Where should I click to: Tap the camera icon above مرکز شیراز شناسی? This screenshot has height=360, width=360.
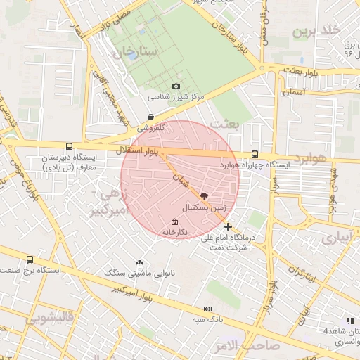tap(176, 86)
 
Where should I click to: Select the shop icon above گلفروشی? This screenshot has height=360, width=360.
tap(150, 117)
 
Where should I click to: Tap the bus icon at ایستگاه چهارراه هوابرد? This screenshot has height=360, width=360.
tap(255, 155)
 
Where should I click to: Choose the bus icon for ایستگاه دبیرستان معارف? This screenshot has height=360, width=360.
tap(68, 147)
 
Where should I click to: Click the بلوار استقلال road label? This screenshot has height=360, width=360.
tap(140, 150)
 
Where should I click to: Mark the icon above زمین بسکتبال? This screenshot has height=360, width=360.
tap(204, 196)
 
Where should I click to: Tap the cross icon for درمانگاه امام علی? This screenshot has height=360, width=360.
tap(227, 226)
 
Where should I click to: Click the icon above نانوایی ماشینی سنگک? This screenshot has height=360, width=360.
tap(139, 262)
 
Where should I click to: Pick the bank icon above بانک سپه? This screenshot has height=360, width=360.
tap(207, 309)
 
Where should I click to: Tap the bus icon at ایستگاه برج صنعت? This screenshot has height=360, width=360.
tap(30, 259)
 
